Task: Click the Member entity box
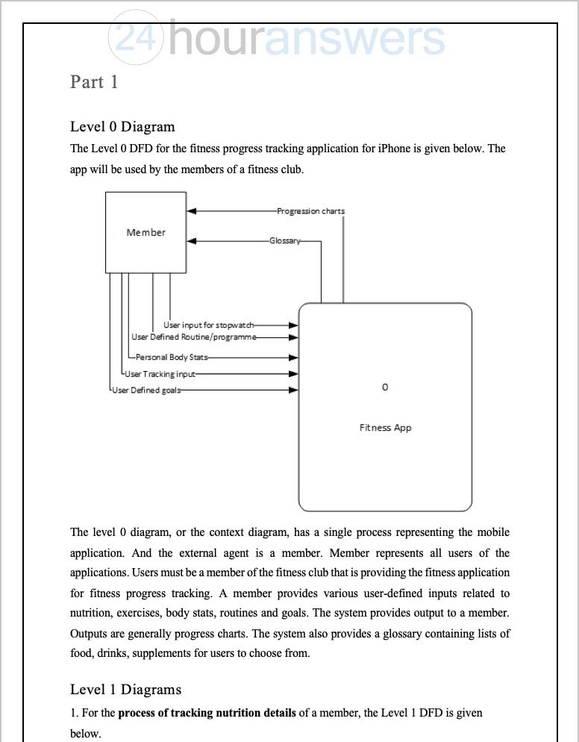click(145, 232)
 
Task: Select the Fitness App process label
click(385, 428)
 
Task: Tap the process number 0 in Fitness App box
click(385, 387)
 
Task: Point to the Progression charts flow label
click(310, 211)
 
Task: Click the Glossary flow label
click(285, 241)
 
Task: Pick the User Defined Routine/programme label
click(194, 337)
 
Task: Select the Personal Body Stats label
click(172, 358)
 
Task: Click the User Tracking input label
click(160, 374)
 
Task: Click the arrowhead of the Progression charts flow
click(192, 211)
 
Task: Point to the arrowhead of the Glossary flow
click(192, 241)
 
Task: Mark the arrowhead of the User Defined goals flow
click(294, 390)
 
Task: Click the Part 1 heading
click(94, 81)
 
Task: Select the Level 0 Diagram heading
click(122, 126)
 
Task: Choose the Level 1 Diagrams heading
click(125, 689)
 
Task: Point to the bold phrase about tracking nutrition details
click(207, 713)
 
